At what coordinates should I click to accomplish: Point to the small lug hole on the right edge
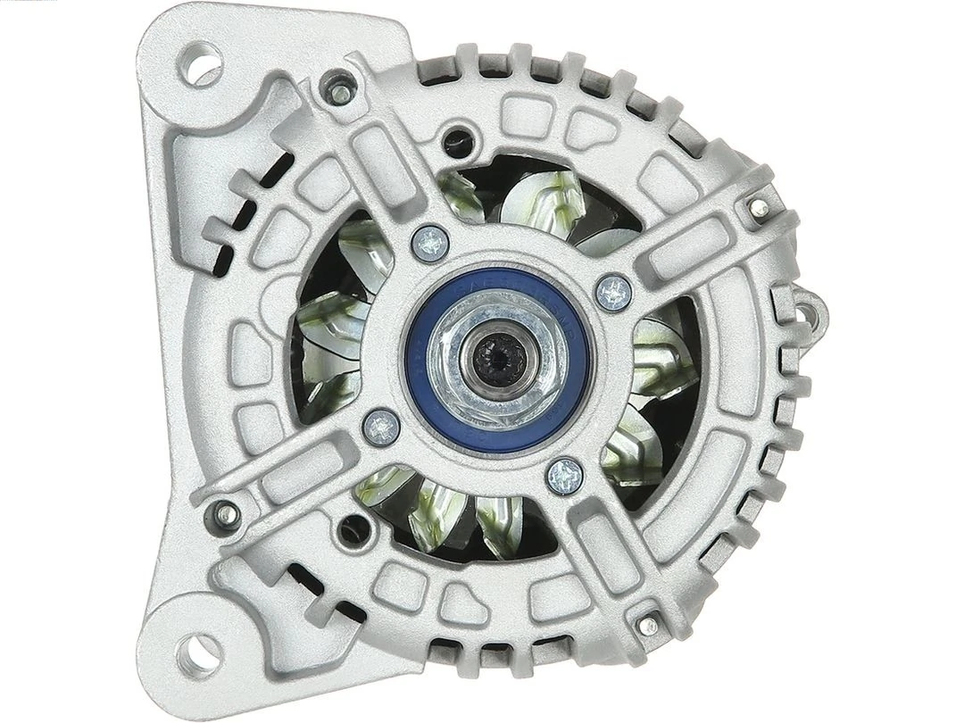(x=810, y=311)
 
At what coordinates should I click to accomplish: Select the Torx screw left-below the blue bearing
(x=381, y=427)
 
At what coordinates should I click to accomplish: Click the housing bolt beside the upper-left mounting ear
(x=337, y=88)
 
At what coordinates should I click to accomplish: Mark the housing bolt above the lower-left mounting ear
(x=222, y=513)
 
